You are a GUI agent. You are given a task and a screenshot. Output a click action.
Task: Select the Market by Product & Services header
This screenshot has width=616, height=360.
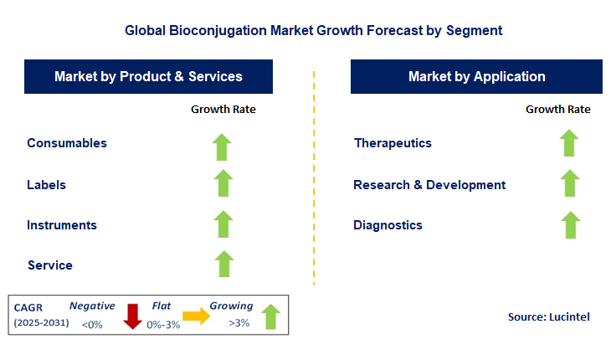148,76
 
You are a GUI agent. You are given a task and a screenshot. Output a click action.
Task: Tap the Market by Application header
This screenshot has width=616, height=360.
476,76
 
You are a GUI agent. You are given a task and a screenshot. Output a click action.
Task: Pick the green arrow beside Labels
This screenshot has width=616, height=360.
222,184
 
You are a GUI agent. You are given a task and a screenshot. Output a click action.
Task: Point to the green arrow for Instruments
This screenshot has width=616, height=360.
223,224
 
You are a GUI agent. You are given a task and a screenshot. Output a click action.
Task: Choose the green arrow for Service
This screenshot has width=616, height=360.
223,265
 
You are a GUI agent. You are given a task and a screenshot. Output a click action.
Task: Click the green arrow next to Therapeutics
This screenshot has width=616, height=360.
569,143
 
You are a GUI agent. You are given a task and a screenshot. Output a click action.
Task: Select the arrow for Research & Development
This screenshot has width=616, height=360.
569,184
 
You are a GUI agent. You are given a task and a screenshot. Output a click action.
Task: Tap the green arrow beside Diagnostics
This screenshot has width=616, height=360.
569,225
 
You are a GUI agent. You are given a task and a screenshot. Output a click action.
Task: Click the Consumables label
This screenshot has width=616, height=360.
67,143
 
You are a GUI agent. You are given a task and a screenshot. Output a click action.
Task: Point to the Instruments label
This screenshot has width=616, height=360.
62,225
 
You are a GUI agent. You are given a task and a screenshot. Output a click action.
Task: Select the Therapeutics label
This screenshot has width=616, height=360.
393,143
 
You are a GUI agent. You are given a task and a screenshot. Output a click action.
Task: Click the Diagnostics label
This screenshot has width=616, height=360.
388,225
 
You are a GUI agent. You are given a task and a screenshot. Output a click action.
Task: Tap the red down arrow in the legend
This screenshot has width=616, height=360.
131,316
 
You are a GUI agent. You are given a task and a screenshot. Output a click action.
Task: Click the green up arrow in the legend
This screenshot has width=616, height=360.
269,316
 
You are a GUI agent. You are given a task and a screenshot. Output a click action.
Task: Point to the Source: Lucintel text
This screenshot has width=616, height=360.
549,317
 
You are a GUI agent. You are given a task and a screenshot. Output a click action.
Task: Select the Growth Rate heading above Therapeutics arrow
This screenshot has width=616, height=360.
557,109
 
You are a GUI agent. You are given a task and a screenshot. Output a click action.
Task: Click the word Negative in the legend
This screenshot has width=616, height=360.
92,306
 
